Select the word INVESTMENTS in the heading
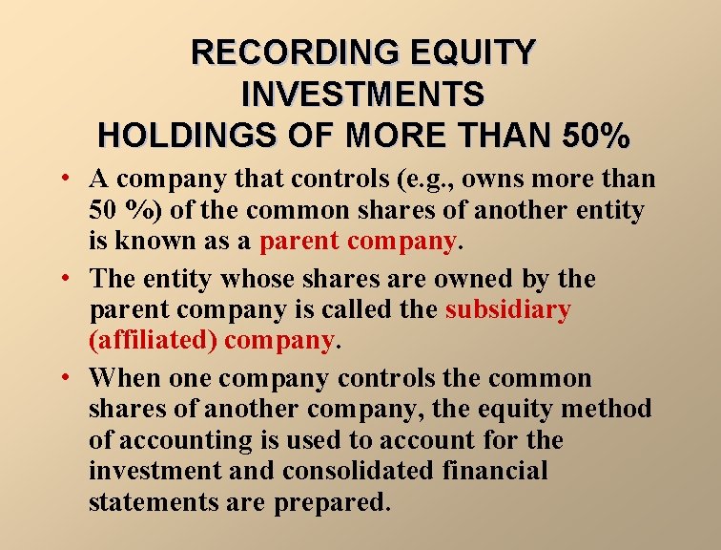point(362,94)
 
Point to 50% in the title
point(590,136)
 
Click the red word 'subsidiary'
point(508,309)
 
